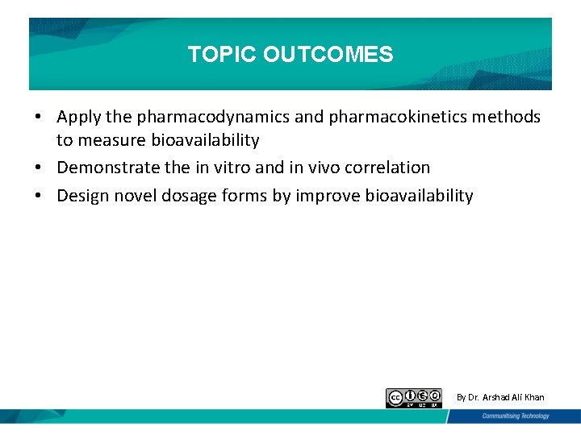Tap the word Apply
(79, 118)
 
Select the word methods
(506, 118)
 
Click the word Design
(81, 196)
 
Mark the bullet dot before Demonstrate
(39, 168)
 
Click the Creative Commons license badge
(414, 398)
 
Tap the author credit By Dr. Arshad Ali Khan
(500, 397)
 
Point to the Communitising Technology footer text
(516, 416)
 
